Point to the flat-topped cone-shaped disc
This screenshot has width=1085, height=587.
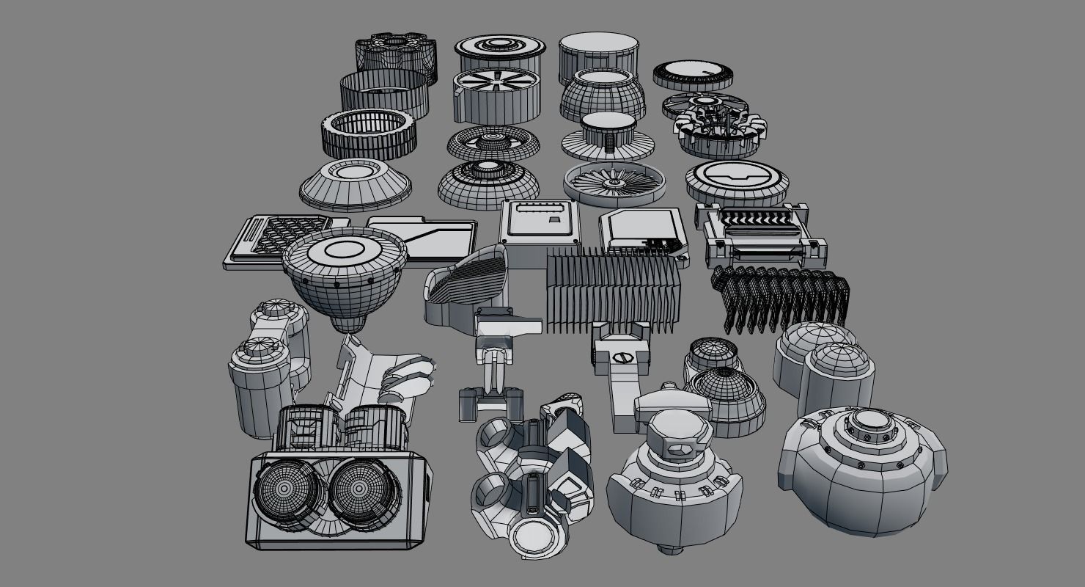tap(355, 183)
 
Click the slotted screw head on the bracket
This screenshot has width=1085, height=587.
tap(625, 358)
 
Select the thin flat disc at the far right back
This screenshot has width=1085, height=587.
tap(694, 73)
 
